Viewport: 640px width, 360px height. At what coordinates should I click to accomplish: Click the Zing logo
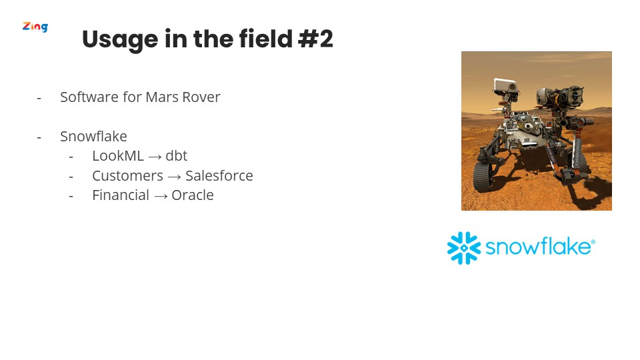[35, 27]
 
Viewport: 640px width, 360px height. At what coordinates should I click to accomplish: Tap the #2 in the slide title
[315, 39]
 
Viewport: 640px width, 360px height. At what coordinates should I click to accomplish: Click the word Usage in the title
[120, 40]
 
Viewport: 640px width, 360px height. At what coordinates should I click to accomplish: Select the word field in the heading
[266, 39]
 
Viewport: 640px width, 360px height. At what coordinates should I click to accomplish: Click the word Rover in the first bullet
[201, 97]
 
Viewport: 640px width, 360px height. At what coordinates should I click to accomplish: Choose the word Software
[89, 97]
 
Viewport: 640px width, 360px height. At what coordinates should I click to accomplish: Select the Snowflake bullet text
[93, 136]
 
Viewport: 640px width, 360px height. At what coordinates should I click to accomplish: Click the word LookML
[118, 156]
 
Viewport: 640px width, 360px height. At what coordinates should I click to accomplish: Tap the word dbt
[176, 156]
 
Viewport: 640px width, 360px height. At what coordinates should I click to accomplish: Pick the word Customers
[128, 176]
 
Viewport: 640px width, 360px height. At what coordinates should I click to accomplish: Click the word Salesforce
[219, 175]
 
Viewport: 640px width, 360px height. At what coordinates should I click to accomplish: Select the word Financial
[121, 195]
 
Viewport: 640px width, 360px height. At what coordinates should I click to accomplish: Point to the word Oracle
[193, 195]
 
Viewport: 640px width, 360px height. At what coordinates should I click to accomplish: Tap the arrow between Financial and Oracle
[161, 196]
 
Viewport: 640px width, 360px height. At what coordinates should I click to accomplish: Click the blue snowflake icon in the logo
[464, 248]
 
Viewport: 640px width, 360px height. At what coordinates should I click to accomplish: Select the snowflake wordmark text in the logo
[538, 246]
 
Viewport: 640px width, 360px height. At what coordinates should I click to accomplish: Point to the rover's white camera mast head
[505, 86]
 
